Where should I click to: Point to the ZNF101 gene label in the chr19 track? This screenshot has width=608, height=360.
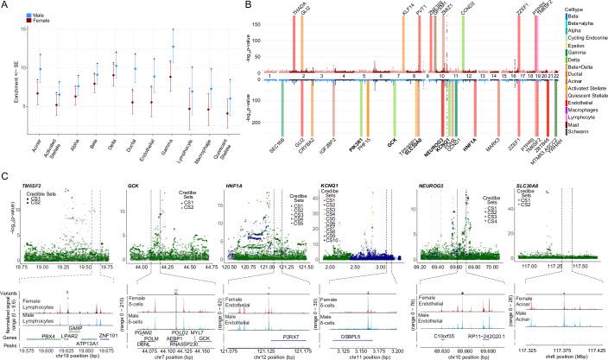click(x=109, y=332)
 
